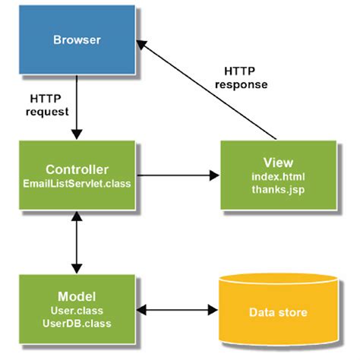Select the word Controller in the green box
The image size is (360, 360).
point(76,169)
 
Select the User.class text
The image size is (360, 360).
point(76,311)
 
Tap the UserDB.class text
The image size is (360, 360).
point(76,324)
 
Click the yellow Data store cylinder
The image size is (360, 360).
point(278,311)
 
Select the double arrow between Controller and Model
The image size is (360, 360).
point(76,242)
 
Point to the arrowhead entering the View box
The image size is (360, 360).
point(213,175)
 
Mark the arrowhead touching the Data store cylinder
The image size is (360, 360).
point(213,311)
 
